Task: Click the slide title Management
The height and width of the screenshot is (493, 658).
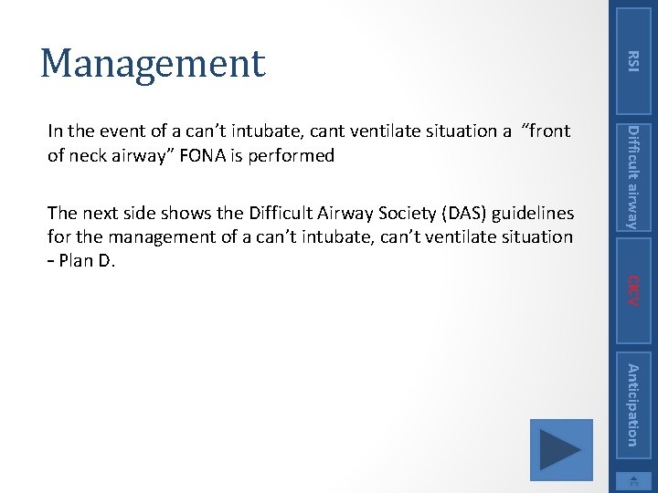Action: pos(152,63)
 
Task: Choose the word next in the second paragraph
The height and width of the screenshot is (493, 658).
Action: pos(96,214)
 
